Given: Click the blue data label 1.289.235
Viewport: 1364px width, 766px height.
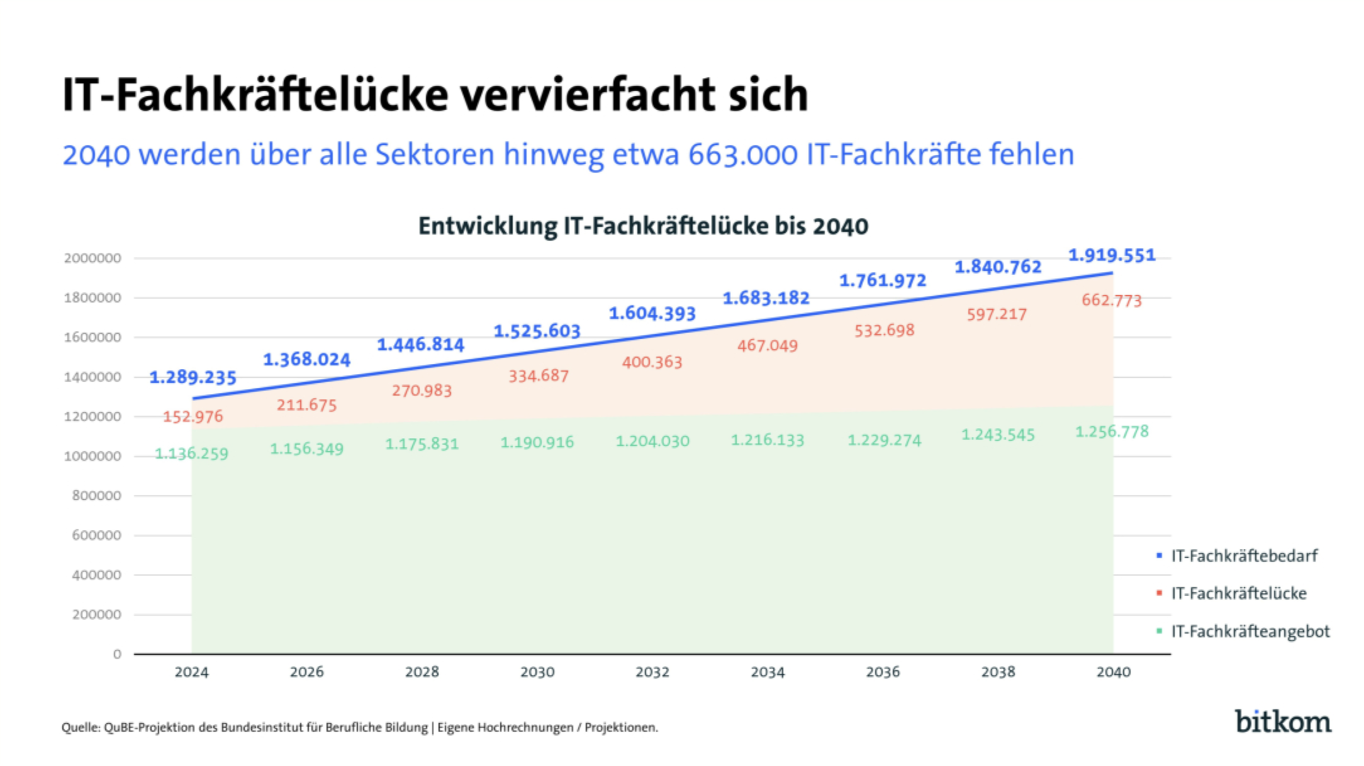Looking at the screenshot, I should pyautogui.click(x=193, y=377).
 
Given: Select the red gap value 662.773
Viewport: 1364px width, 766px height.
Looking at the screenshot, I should pyautogui.click(x=1111, y=300).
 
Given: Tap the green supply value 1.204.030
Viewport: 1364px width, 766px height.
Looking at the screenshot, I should pyautogui.click(x=652, y=441).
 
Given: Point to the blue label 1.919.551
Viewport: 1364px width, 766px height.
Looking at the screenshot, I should pyautogui.click(x=1112, y=255).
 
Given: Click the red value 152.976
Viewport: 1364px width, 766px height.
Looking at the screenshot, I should pyautogui.click(x=193, y=417).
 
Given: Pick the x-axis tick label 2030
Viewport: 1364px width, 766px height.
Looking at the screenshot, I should pyautogui.click(x=537, y=672).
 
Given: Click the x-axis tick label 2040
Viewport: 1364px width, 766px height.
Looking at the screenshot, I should pyautogui.click(x=1113, y=672).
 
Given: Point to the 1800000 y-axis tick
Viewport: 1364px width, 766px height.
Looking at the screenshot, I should pyautogui.click(x=92, y=298).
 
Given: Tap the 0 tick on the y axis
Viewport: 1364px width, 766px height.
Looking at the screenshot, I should pyautogui.click(x=117, y=655).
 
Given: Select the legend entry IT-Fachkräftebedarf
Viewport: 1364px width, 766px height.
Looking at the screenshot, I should pyautogui.click(x=1244, y=556).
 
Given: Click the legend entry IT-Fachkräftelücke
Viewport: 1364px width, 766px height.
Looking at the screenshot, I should pyautogui.click(x=1238, y=594).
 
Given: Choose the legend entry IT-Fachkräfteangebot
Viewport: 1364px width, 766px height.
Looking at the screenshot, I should pyautogui.click(x=1250, y=631).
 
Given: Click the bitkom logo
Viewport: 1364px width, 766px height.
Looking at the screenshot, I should pyautogui.click(x=1283, y=721).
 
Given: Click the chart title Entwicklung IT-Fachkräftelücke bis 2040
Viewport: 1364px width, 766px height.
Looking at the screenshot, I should pyautogui.click(x=643, y=226).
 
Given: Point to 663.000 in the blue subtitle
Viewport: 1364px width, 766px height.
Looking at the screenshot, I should pyautogui.click(x=742, y=155).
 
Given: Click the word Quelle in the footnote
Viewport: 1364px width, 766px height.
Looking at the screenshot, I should pyautogui.click(x=80, y=728).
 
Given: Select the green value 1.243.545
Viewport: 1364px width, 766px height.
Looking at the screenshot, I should pyautogui.click(x=998, y=435).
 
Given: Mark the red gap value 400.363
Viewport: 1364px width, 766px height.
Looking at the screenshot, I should pyautogui.click(x=652, y=363).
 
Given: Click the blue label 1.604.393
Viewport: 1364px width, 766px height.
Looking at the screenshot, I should pyautogui.click(x=652, y=313).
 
